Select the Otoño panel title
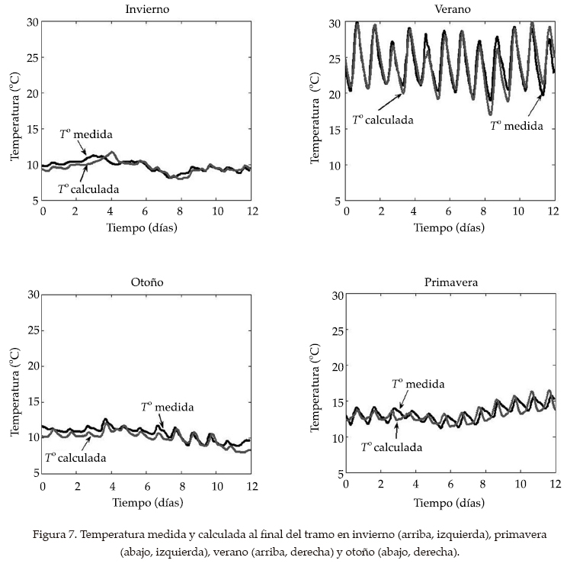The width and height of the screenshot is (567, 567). [x=146, y=282]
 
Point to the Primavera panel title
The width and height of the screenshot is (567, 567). [x=451, y=282]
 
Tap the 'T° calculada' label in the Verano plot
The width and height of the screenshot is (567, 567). [x=383, y=120]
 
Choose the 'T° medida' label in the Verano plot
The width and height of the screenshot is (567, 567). [x=517, y=126]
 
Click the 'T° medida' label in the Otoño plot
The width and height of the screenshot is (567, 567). [x=168, y=408]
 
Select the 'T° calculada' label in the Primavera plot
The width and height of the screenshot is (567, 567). [x=392, y=447]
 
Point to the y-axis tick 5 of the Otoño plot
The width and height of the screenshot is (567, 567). [x=35, y=473]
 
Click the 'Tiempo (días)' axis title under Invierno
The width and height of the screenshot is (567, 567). [x=146, y=227]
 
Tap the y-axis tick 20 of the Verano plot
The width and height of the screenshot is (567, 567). [x=336, y=94]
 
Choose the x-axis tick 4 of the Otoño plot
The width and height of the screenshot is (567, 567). [x=112, y=485]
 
